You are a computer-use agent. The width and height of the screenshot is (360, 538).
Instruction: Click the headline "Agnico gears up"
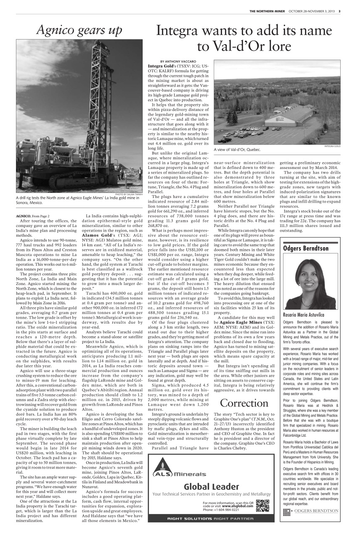[79, 30]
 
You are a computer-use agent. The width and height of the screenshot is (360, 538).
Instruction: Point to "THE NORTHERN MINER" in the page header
[267, 11]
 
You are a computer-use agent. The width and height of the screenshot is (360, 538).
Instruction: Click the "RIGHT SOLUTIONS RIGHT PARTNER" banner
[211, 518]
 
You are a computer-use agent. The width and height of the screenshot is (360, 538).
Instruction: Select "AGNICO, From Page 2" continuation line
[33, 216]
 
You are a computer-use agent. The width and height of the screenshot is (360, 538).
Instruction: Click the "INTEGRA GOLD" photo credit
[332, 146]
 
